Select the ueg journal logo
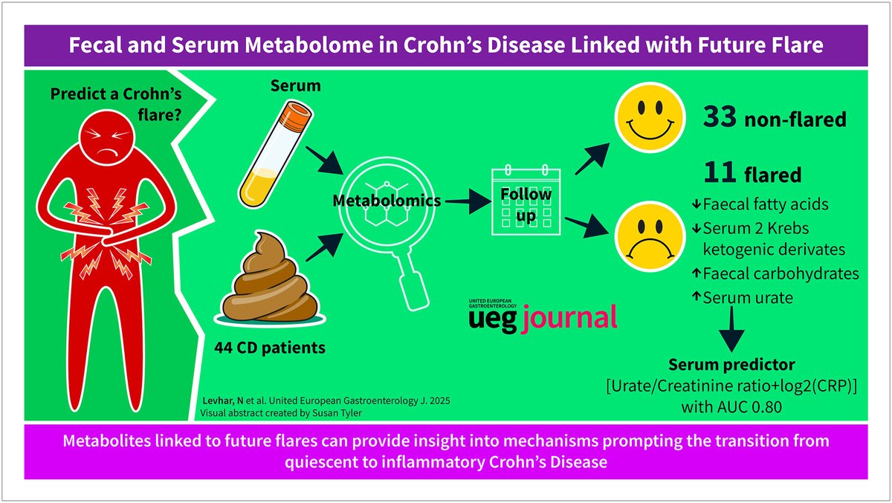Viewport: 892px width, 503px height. (x=542, y=314)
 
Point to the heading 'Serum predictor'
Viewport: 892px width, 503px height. (x=732, y=366)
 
